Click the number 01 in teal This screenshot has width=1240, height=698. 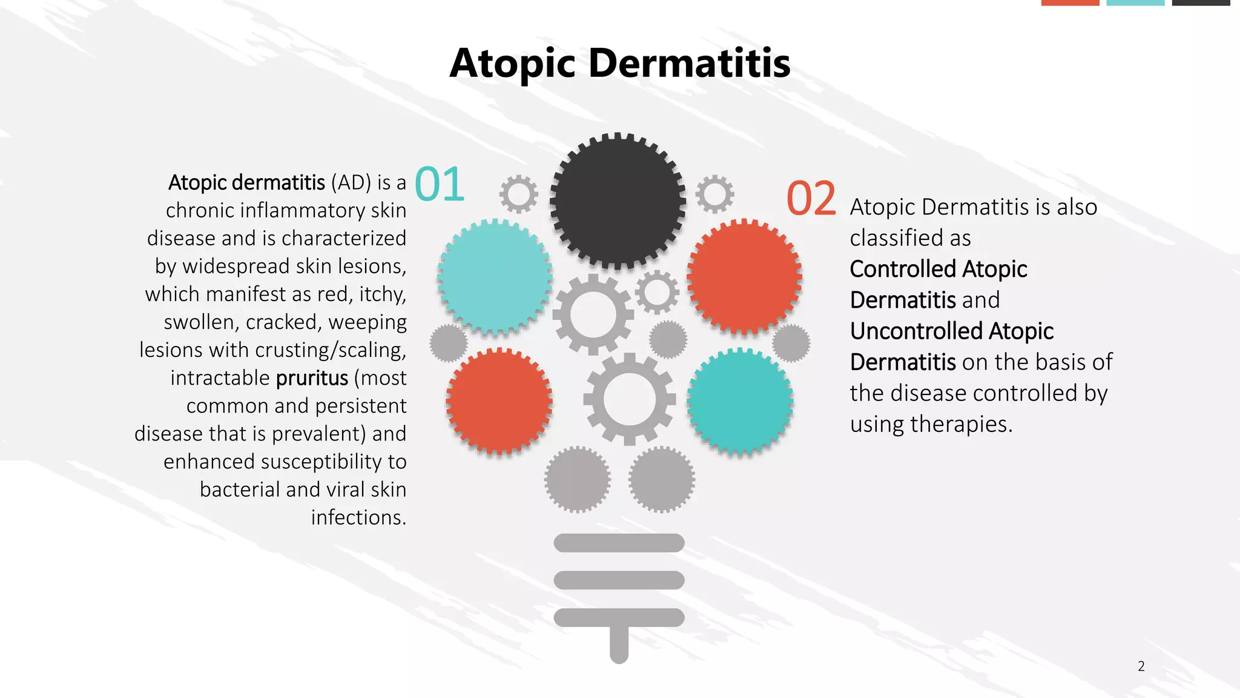tap(440, 185)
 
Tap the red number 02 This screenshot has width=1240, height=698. tap(811, 199)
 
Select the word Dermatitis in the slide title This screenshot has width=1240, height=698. tap(689, 63)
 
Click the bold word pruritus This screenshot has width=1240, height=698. tap(312, 378)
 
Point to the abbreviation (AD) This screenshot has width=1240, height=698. tap(351, 182)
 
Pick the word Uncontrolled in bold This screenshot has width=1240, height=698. tap(916, 331)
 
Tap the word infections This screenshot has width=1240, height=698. tap(358, 517)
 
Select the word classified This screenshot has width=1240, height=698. tap(892, 238)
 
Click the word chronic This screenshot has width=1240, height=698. tap(200, 210)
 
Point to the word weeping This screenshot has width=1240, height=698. tap(367, 322)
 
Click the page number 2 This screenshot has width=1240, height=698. tap(1141, 666)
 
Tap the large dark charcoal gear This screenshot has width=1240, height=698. tap(618, 201)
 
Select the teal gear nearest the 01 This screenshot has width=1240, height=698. tap(495, 277)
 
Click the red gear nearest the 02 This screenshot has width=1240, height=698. tap(744, 277)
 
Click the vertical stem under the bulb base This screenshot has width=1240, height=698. tap(619, 645)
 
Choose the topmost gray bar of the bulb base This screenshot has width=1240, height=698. tap(619, 543)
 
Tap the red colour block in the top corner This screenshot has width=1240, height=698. tap(1070, 2)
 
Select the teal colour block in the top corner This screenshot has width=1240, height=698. tap(1135, 2)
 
